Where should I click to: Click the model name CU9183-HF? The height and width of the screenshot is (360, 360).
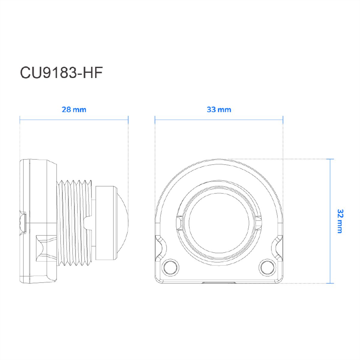coord(61,73)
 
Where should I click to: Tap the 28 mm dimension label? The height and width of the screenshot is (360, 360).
coord(74,109)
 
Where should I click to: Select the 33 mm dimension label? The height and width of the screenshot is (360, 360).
coord(219,109)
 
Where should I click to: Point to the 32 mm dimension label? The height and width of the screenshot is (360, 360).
coord(340,221)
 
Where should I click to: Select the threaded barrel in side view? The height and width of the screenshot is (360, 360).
coord(74,223)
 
